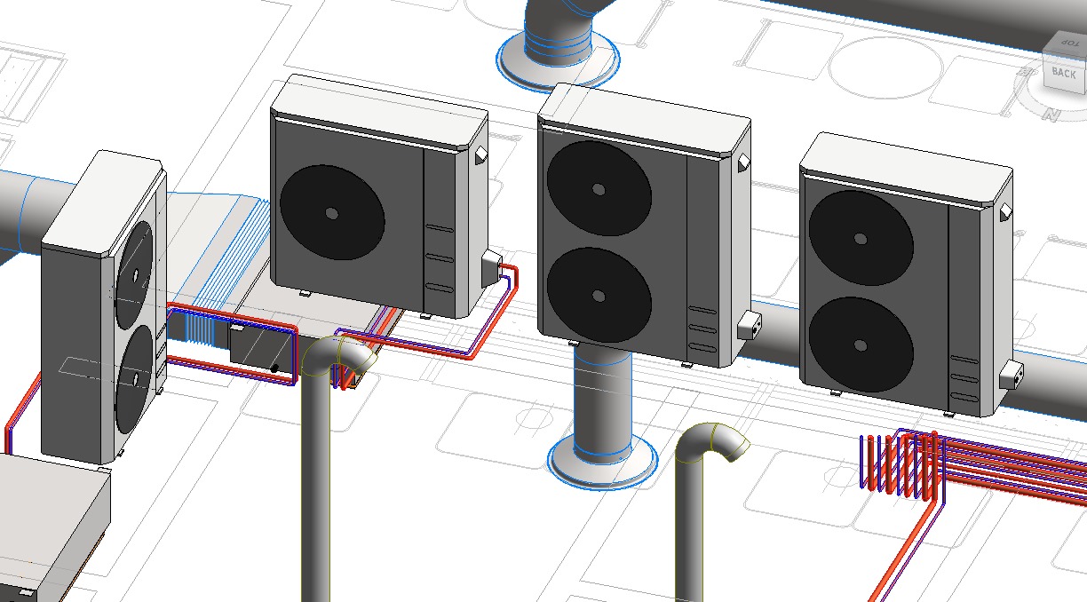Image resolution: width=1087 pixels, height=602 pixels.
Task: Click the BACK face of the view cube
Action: (1064, 73)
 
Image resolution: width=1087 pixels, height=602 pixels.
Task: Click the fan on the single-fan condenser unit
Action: (332, 212)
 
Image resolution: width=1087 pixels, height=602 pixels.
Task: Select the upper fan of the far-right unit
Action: (861, 238)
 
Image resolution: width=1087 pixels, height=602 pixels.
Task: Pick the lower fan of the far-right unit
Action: (861, 345)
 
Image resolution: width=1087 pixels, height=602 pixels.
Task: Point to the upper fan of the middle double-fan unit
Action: (599, 188)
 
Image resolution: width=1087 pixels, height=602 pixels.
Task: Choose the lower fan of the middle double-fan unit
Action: (599, 295)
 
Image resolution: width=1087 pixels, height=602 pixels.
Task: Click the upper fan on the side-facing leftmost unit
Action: (134, 274)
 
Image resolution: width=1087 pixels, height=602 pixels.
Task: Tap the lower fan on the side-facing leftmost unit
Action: (134, 378)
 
